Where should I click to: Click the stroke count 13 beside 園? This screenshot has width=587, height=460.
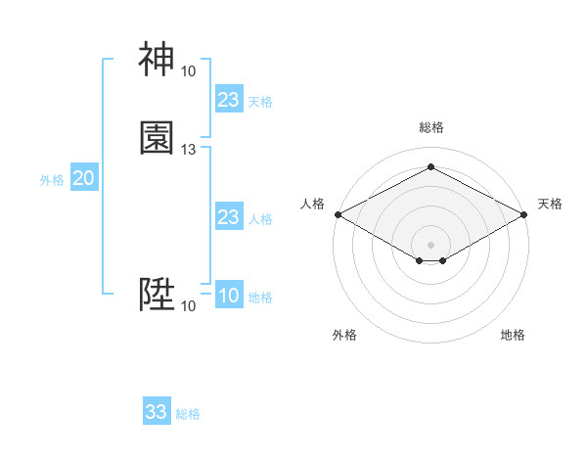[189, 150]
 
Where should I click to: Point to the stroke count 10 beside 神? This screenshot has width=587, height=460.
[188, 71]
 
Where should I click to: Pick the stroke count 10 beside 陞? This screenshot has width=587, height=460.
[188, 306]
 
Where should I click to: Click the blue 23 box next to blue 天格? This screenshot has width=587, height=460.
[228, 100]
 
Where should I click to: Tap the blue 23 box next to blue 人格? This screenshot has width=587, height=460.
[228, 217]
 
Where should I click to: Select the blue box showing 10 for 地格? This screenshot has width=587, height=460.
[228, 296]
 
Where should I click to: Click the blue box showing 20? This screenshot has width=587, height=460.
[83, 178]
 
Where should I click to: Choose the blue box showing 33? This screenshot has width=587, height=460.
[157, 412]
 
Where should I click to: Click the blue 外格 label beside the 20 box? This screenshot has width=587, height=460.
[52, 180]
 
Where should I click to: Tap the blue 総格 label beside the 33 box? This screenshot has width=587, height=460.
[188, 414]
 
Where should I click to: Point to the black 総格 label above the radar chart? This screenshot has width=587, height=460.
[431, 127]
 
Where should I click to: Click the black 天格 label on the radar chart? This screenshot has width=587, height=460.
[551, 204]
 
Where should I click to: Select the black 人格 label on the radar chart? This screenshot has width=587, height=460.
[312, 204]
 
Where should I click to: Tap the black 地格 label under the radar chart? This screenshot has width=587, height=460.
[513, 335]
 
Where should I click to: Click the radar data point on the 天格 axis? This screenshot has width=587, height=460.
[525, 214]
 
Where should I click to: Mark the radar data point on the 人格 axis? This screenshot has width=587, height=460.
[338, 214]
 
